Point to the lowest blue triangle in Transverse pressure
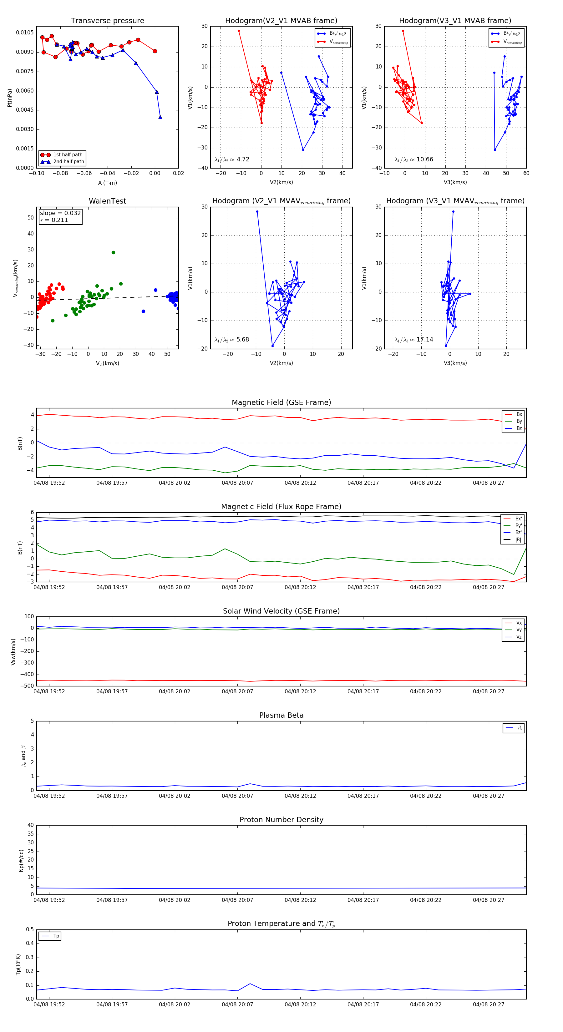tap(160, 117)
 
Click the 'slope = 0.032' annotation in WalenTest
tap(60, 213)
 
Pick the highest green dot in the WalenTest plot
tap(114, 252)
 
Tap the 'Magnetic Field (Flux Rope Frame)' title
tap(281, 507)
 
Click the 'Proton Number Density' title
tap(281, 820)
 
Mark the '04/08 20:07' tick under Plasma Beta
tap(237, 796)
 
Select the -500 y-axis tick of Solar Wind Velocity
tap(28, 686)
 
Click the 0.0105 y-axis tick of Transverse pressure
tap(25, 33)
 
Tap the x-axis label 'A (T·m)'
tap(107, 183)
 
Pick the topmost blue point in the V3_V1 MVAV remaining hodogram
tap(453, 211)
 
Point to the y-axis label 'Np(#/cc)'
tap(21, 861)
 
